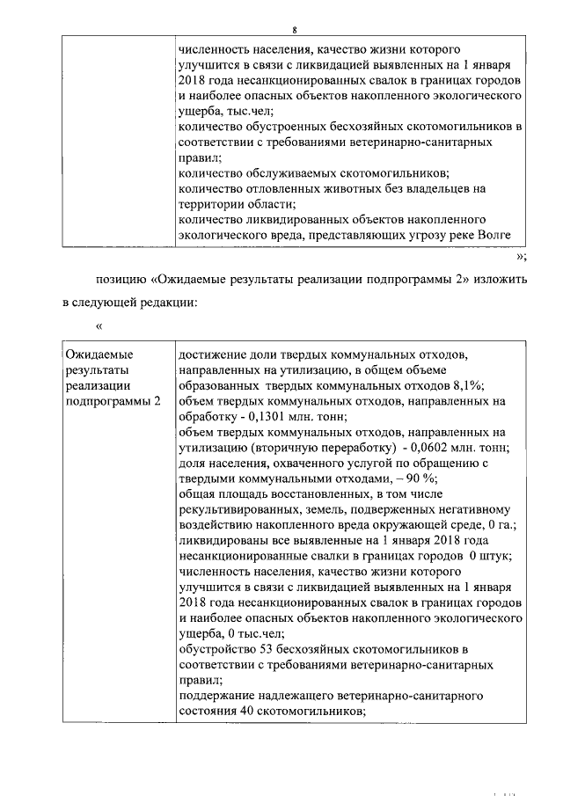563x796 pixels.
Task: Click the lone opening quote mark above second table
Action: [x=99, y=327]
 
